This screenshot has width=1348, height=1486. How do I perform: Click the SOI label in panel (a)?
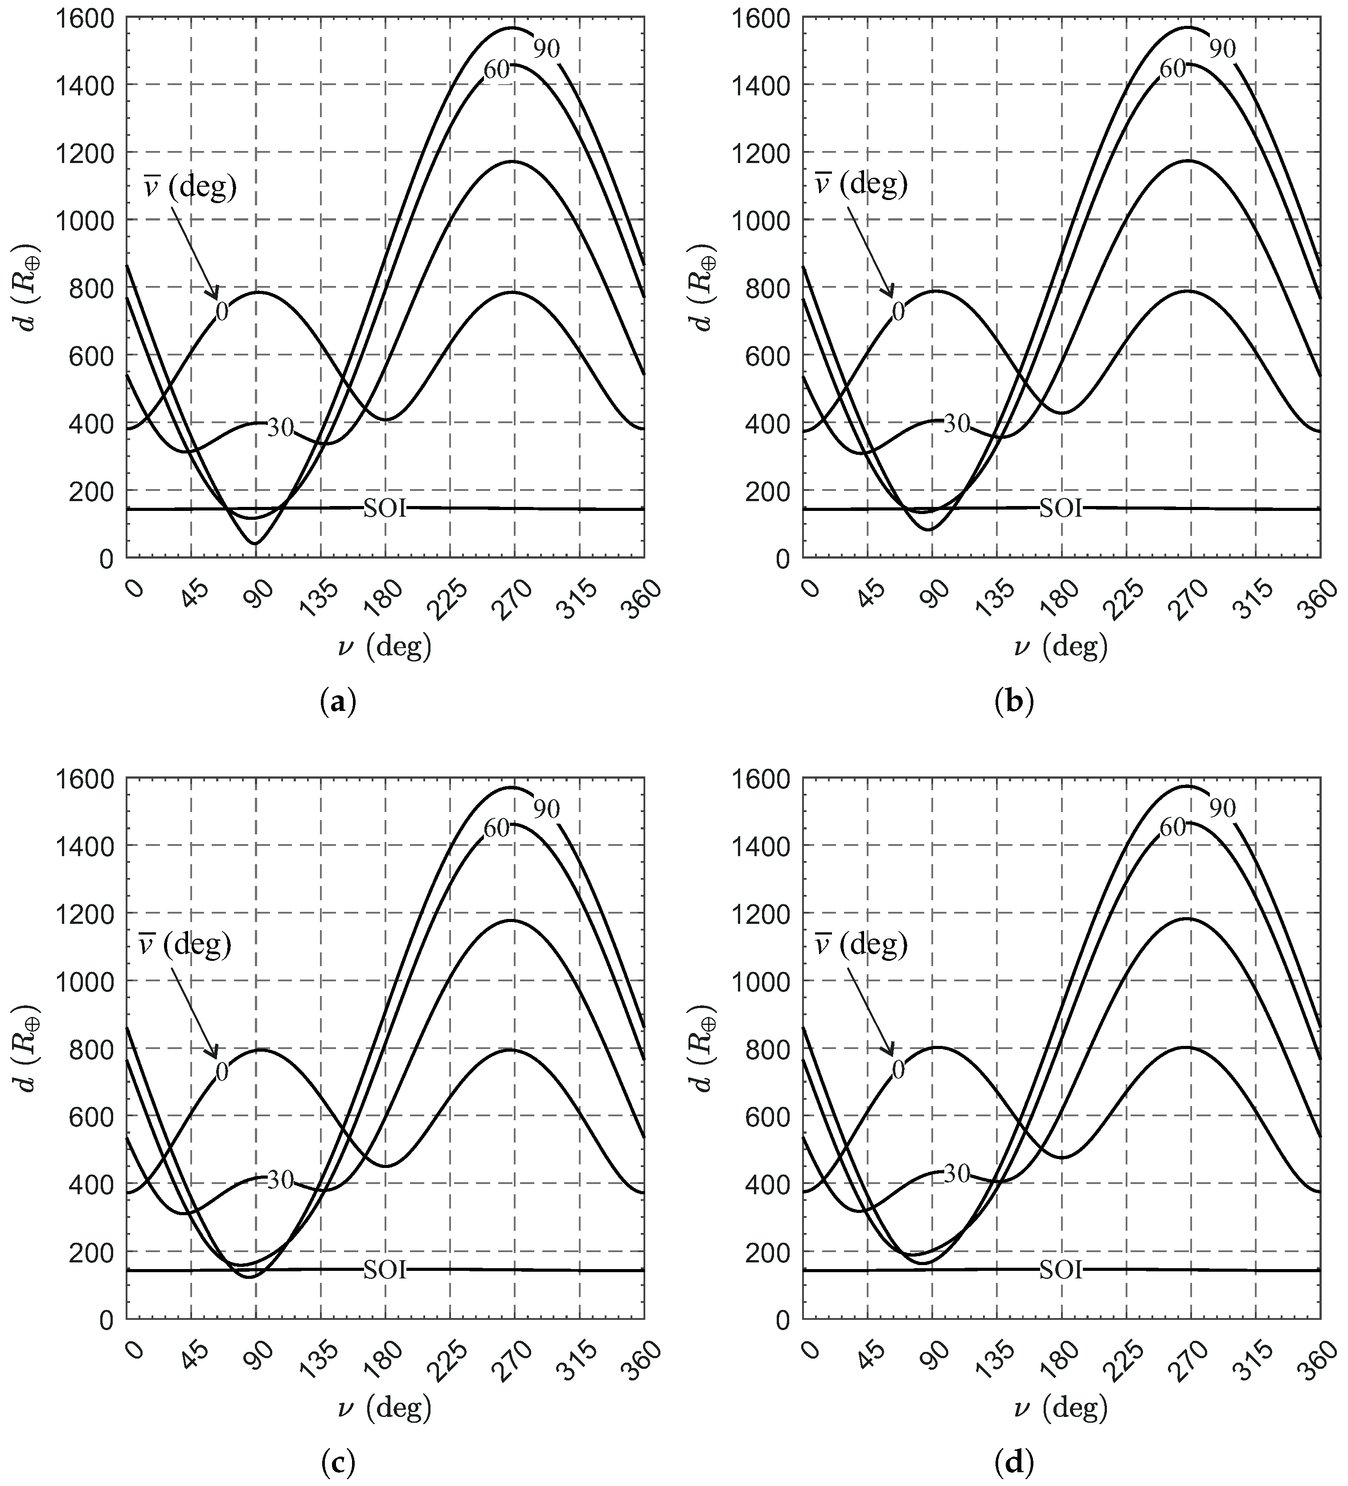tap(384, 509)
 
